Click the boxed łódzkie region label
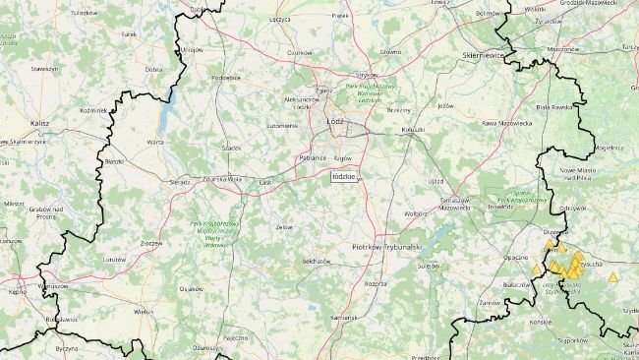pyautogui.click(x=345, y=175)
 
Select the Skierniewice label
pyautogui.click(x=484, y=57)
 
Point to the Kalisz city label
pyautogui.click(x=40, y=123)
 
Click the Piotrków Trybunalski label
pyautogui.click(x=387, y=246)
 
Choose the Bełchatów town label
pyautogui.click(x=316, y=261)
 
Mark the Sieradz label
pyautogui.click(x=179, y=182)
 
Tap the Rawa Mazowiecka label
pyautogui.click(x=506, y=123)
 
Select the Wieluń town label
pyautogui.click(x=145, y=310)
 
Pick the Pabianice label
pyautogui.click(x=316, y=157)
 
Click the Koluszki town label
pyautogui.click(x=412, y=129)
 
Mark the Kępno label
pyautogui.click(x=17, y=292)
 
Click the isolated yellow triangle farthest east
pyautogui.click(x=613, y=277)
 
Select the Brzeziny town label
pyautogui.click(x=398, y=111)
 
